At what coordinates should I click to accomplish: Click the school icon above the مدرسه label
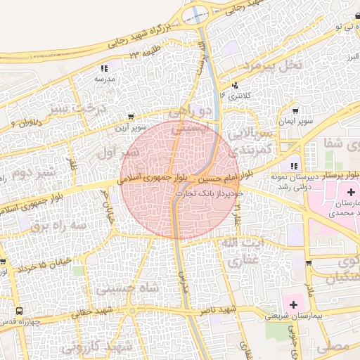(x=105, y=68)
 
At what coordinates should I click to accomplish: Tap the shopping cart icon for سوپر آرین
(x=131, y=117)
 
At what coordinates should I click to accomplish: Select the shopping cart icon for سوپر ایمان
(x=295, y=110)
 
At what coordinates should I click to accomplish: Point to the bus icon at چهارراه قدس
(x=18, y=311)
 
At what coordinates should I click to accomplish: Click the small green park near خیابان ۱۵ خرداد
(x=79, y=270)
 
